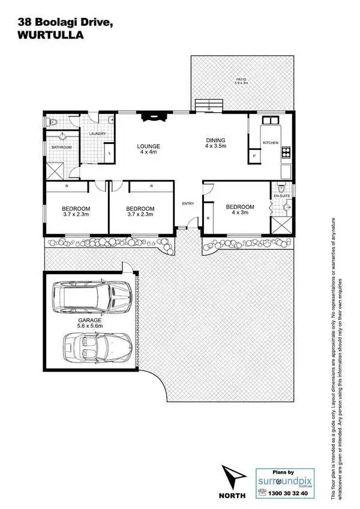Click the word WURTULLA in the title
click(42, 35)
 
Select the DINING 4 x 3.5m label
click(215, 143)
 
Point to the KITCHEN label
click(270, 142)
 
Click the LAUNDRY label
click(97, 134)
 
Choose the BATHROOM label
click(61, 146)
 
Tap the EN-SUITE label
click(281, 196)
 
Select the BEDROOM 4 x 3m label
click(239, 209)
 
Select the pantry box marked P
click(254, 156)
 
